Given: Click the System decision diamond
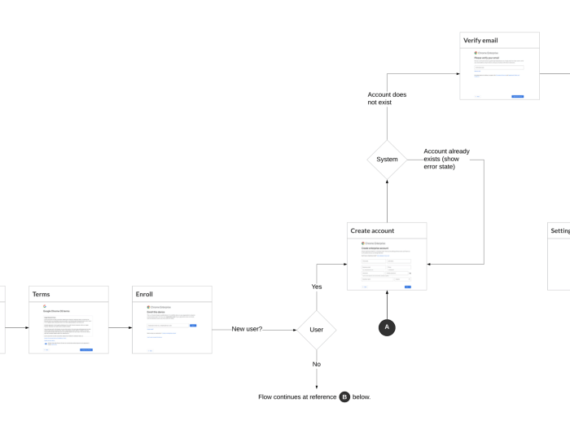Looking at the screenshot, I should (x=387, y=160).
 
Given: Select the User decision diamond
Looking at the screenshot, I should (x=317, y=330).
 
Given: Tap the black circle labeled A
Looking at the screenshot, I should (x=387, y=326).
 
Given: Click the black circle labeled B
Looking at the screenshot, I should (x=344, y=397).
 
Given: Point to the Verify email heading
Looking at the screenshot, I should (x=480, y=40).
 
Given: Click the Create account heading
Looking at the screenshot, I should (x=372, y=231).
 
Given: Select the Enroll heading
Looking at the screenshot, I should (x=145, y=294).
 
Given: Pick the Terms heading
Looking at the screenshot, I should (x=42, y=294).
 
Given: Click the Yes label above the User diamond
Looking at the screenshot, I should (x=317, y=287).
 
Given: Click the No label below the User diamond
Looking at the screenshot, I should (x=317, y=364).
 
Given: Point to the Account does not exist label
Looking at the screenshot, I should (x=387, y=99).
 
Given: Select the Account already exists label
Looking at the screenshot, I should (x=446, y=159).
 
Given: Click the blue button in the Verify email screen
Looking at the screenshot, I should (x=517, y=96).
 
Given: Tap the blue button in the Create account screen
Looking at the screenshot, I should (x=407, y=287).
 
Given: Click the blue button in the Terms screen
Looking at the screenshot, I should (x=85, y=349).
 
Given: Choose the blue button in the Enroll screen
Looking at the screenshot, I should (x=193, y=325).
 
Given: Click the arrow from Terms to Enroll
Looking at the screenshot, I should (x=121, y=329).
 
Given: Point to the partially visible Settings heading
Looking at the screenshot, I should (x=560, y=231).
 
